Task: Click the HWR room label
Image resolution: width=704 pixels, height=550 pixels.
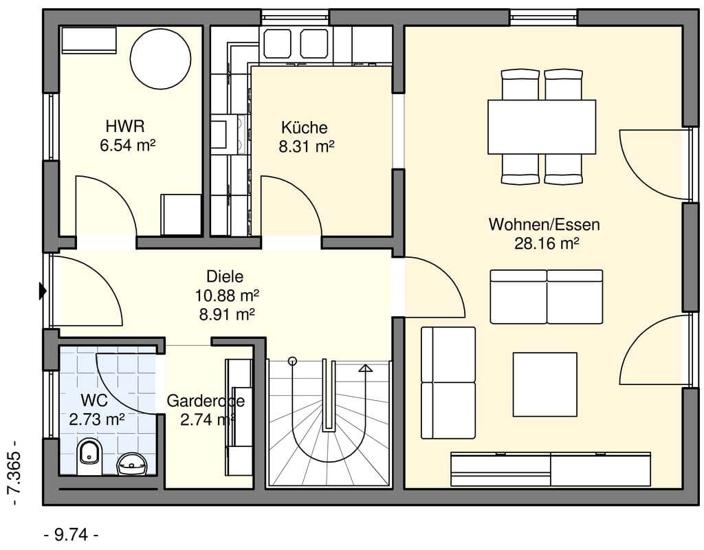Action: click(x=125, y=126)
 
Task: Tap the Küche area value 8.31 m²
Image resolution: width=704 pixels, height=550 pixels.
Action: click(x=307, y=146)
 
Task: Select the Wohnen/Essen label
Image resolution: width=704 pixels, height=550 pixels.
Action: click(x=544, y=224)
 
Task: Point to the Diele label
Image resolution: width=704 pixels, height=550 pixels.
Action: click(x=225, y=276)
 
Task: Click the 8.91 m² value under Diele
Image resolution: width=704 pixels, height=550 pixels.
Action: click(x=227, y=314)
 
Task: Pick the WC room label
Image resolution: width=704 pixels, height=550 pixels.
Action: click(x=94, y=399)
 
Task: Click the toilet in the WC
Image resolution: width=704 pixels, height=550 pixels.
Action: click(x=89, y=457)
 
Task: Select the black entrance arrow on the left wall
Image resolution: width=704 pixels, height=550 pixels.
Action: click(x=43, y=291)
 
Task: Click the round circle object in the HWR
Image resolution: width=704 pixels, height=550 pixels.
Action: click(x=160, y=59)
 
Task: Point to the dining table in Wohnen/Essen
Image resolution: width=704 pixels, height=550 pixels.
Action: click(x=542, y=127)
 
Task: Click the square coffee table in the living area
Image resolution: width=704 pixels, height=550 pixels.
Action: click(x=545, y=385)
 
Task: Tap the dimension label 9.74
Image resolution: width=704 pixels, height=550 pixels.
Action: click(x=71, y=535)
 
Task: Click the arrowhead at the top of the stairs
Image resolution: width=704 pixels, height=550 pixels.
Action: click(x=366, y=368)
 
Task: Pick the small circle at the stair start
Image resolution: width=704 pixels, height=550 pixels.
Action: click(x=293, y=360)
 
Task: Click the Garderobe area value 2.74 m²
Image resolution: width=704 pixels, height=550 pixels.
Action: click(x=208, y=420)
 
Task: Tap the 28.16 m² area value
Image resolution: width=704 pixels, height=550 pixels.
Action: click(x=547, y=243)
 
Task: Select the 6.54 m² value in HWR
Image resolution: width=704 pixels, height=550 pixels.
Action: click(x=127, y=146)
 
